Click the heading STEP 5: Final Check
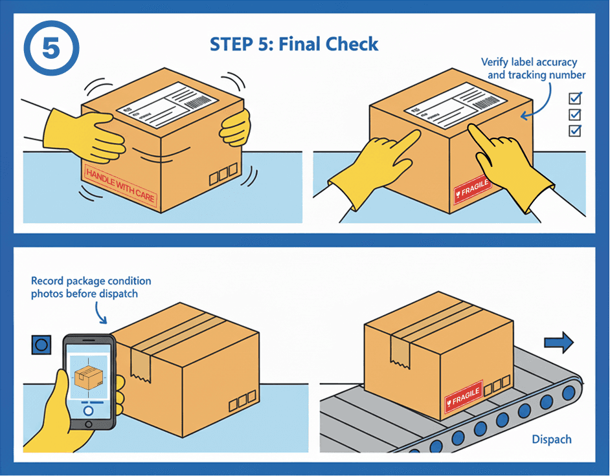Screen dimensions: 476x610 point(293,44)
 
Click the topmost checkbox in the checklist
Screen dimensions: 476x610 point(574,98)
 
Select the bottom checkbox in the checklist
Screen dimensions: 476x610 point(574,131)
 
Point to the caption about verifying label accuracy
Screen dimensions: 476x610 point(532,69)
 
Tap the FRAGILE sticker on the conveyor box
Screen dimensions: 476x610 point(464,396)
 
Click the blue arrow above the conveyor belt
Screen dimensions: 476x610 point(559,342)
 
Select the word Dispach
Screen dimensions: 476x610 point(552,439)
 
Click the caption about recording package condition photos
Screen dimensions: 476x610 point(91,287)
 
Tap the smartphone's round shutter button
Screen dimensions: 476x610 point(89,410)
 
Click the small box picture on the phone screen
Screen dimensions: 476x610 point(87,378)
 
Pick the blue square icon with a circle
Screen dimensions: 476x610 point(41,345)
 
